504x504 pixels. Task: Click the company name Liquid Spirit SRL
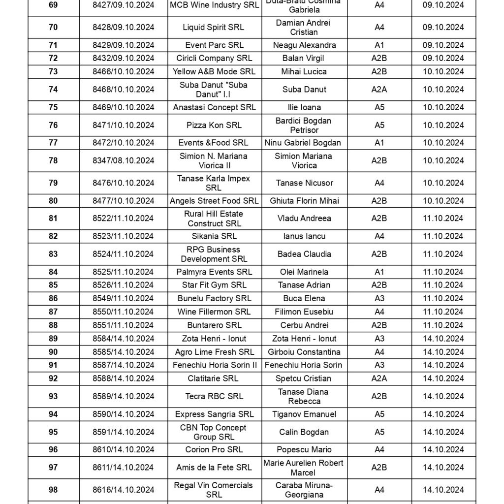coord(214,28)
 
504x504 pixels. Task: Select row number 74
coord(53,90)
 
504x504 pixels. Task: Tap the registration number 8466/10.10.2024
coord(123,71)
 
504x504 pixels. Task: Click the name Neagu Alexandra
coord(304,45)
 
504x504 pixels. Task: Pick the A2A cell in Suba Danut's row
coord(379,90)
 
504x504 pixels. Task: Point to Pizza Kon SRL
coord(214,125)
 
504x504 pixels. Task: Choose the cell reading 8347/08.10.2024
coord(123,160)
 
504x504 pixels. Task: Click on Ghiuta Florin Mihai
coord(304,201)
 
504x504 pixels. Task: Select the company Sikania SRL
coord(214,236)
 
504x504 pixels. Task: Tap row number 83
coord(53,254)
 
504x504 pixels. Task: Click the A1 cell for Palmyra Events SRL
coord(379,272)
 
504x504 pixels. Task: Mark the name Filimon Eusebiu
coord(304,312)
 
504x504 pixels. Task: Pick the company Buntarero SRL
coord(214,325)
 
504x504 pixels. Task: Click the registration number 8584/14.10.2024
coord(123,339)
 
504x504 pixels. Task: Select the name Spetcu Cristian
coord(304,378)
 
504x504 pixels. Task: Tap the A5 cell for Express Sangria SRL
coord(379,414)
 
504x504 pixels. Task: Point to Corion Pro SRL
coord(214,449)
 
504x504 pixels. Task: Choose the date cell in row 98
coord(443,489)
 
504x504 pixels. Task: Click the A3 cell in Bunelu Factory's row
coord(379,298)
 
